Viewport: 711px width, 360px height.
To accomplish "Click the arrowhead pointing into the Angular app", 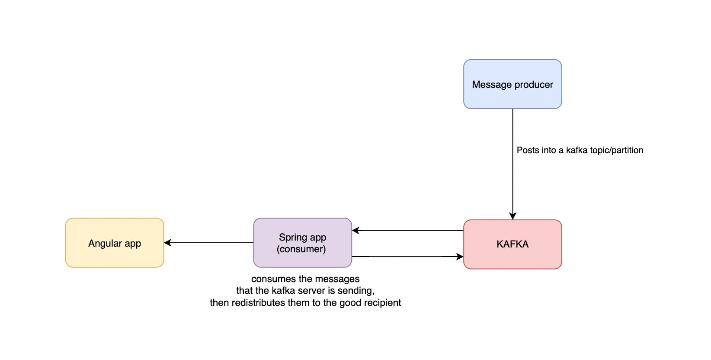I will click(167, 243).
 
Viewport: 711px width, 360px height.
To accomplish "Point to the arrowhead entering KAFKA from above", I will click(512, 216).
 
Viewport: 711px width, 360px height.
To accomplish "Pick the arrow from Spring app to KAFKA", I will click(407, 257).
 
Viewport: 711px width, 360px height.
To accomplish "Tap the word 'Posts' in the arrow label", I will click(527, 150).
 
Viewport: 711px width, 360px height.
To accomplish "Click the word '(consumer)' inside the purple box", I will click(301, 249).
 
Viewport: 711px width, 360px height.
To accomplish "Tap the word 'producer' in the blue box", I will click(534, 85).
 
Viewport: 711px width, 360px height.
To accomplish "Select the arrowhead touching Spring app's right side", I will click(355, 231).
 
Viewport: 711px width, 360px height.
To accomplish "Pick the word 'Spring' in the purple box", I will click(292, 238).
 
